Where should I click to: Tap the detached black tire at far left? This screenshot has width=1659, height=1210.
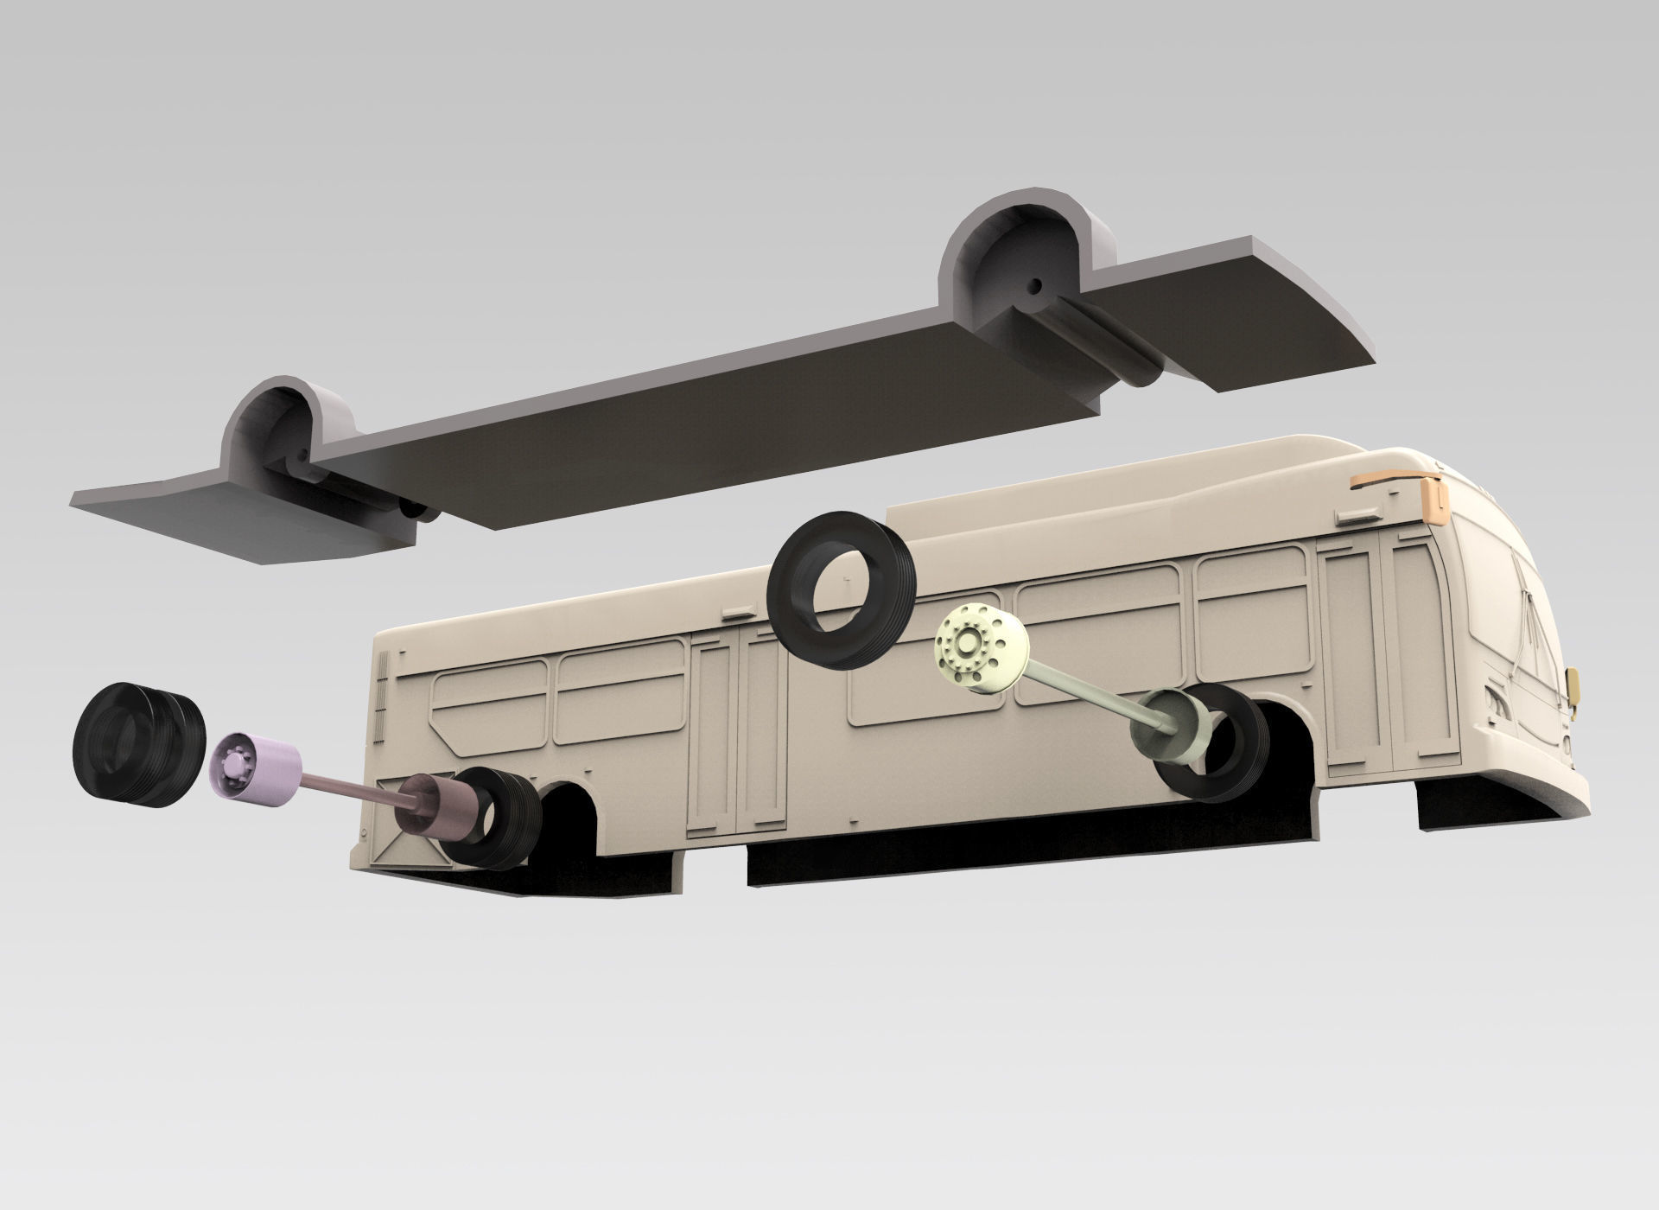tap(138, 745)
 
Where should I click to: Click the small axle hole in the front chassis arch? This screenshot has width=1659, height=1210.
tap(1032, 285)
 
